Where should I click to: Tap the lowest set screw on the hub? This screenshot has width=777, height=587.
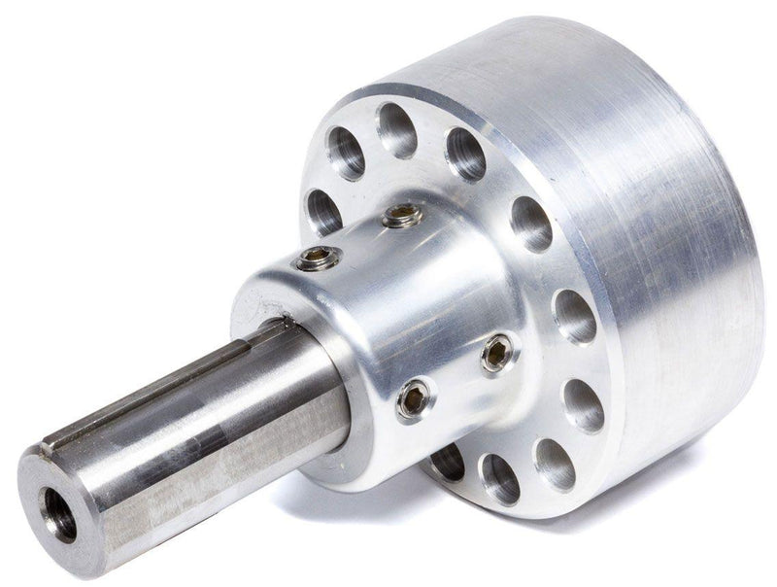(415, 399)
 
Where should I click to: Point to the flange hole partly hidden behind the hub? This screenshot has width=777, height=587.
(448, 461)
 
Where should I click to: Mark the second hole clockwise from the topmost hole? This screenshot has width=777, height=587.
(530, 223)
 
